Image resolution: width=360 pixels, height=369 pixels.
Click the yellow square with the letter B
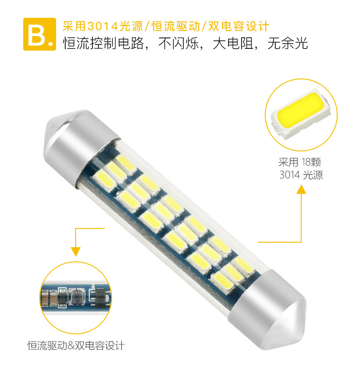(36, 34)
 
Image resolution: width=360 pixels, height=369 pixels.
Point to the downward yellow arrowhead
(75, 251)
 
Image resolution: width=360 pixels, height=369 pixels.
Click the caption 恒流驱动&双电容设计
(76, 345)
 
